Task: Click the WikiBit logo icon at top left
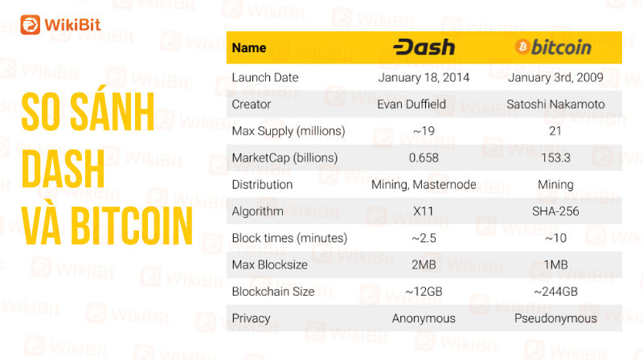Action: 31,25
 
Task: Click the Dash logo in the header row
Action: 424,47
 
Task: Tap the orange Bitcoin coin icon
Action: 522,47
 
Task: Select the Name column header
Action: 249,48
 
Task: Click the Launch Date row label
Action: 265,77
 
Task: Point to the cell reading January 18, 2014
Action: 424,77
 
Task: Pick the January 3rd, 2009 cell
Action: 555,77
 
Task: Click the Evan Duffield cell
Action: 412,104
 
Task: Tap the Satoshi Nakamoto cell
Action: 555,104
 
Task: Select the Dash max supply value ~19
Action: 424,131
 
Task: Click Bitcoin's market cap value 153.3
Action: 555,157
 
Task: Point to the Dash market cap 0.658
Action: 424,157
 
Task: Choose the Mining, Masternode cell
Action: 424,185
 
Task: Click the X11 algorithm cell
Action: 424,211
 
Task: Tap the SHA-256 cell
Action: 555,211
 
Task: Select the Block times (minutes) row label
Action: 289,238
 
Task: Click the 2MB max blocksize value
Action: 424,265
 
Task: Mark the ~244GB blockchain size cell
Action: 555,292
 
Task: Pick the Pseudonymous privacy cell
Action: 555,318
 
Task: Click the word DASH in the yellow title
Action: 63,169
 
